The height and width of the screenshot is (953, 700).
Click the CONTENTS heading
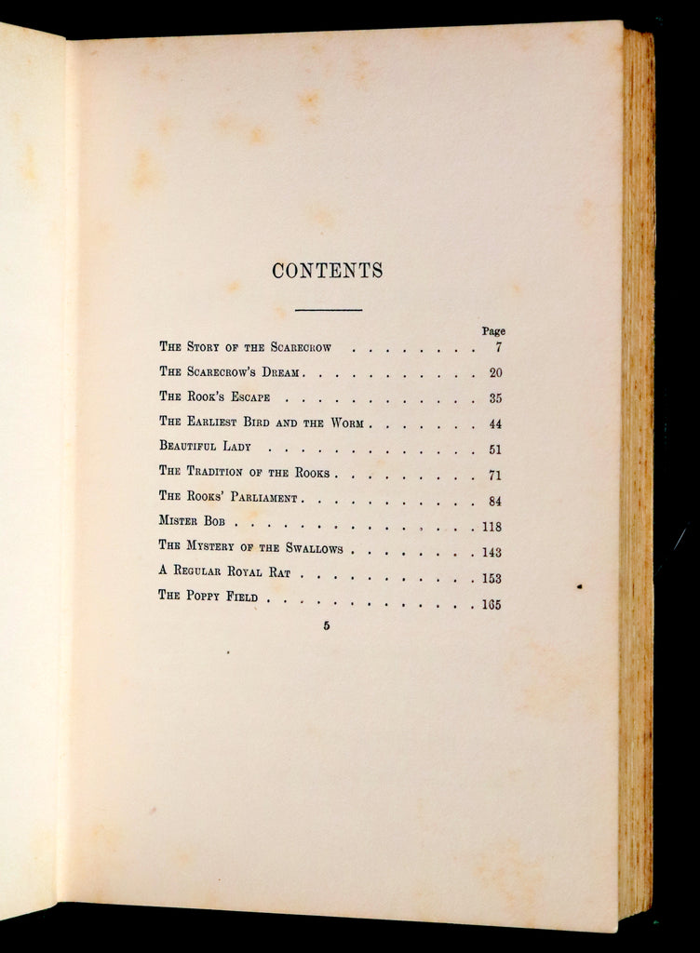tap(327, 271)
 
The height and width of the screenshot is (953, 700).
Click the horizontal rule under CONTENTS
tap(328, 309)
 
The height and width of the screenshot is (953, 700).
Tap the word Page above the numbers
tap(493, 331)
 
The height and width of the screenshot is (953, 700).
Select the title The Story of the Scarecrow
tap(245, 347)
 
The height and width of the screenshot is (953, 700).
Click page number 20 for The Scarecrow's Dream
tap(495, 373)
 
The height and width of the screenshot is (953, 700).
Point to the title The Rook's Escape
tap(214, 397)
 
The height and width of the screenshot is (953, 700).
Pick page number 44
tap(495, 424)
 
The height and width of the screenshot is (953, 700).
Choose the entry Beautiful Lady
tap(205, 448)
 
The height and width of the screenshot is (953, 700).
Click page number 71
tap(495, 476)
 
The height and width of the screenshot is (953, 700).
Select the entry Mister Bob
tap(192, 522)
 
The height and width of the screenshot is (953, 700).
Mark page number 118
tap(491, 527)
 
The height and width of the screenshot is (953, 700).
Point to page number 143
tap(491, 552)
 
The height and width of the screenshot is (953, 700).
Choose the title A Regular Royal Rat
tap(224, 572)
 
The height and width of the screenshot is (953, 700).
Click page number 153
tap(491, 578)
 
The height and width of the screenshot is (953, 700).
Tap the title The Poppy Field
tap(208, 597)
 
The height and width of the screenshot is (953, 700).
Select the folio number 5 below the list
tap(327, 626)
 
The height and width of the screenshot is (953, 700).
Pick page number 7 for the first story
tap(498, 347)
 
